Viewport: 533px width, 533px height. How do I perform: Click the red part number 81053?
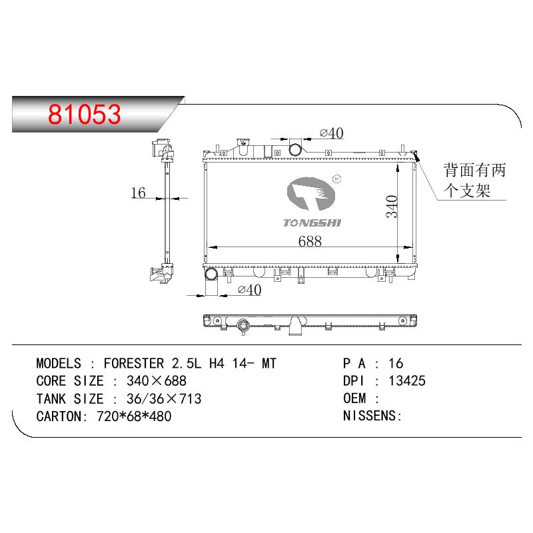click(85, 114)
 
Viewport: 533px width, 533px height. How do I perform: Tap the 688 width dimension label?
click(310, 241)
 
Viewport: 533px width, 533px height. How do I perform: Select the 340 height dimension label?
click(392, 207)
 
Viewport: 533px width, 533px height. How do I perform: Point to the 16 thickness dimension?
click(139, 193)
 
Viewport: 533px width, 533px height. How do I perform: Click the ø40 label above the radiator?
click(331, 133)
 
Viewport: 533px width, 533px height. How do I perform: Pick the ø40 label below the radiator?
click(249, 290)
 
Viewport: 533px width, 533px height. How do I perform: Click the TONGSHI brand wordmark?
click(312, 223)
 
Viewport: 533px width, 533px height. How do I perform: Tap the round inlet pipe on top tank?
click(294, 149)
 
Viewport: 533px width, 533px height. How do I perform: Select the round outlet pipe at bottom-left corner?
click(211, 274)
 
